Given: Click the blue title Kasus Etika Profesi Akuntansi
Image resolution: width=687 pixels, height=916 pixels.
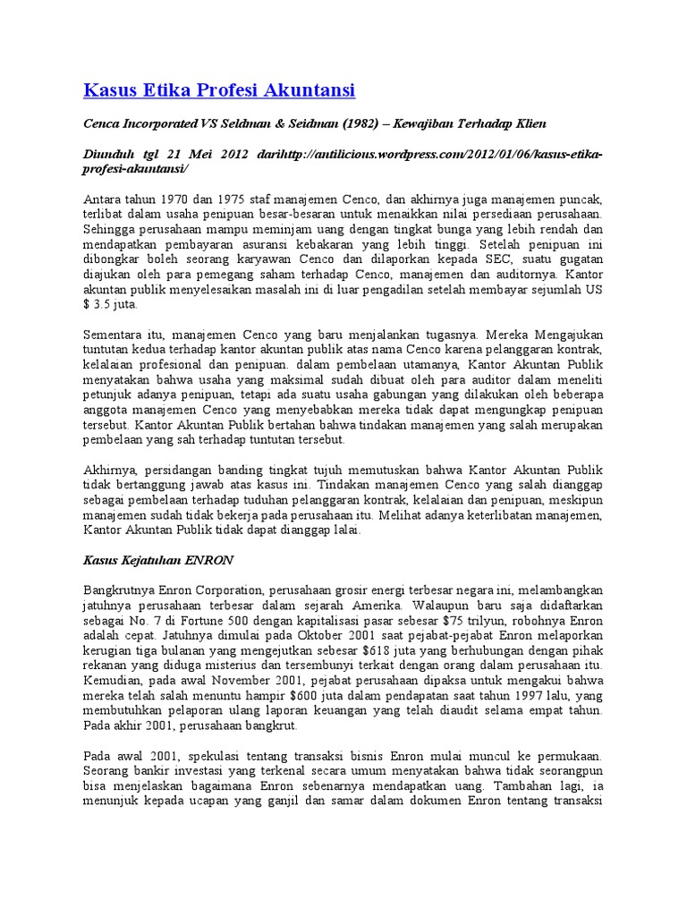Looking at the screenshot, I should click(x=219, y=90).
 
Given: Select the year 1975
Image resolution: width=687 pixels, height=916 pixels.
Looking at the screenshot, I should click(x=233, y=199).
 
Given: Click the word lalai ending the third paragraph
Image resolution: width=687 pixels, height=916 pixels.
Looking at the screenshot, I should click(x=343, y=530).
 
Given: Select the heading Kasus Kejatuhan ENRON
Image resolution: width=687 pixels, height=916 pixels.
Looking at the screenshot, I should click(x=158, y=560).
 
